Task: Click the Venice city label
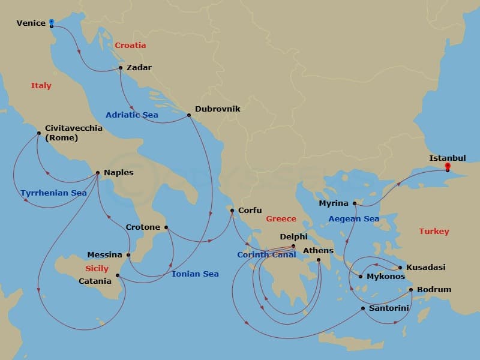pyautogui.click(x=31, y=23)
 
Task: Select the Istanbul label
pyautogui.click(x=447, y=158)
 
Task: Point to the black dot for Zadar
pyautogui.click(x=121, y=68)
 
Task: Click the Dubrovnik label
pyautogui.click(x=217, y=109)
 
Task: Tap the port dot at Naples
pyautogui.click(x=97, y=173)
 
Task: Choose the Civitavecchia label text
pyautogui.click(x=73, y=128)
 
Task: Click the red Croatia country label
pyautogui.click(x=130, y=46)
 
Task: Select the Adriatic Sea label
pyautogui.click(x=131, y=115)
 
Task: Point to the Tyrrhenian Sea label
pyautogui.click(x=53, y=193)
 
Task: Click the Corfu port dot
pyautogui.click(x=232, y=211)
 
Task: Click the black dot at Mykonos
pyautogui.click(x=361, y=277)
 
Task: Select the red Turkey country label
pyautogui.click(x=434, y=231)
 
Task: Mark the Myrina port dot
pyautogui.click(x=355, y=203)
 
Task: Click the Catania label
pyautogui.click(x=95, y=281)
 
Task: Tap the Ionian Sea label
pyautogui.click(x=195, y=274)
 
